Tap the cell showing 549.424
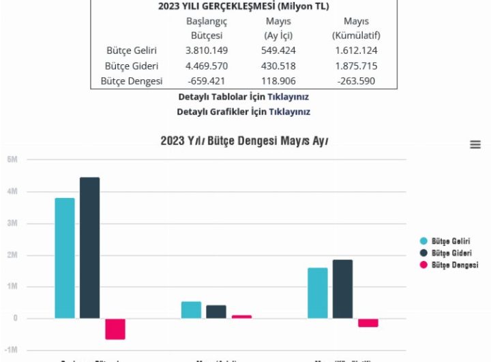coord(278,51)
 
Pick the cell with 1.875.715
coord(356,66)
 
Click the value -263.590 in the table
coord(356,81)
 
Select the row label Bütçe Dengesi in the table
coord(132,81)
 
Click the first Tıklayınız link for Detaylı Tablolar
coord(288,97)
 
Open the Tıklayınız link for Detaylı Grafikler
coord(289,111)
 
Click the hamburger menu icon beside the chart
coord(475,145)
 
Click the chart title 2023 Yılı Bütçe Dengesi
coord(244,141)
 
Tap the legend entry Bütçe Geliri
coord(450,241)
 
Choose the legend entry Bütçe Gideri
coord(450,253)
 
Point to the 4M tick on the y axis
coord(12,192)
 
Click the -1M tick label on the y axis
coord(12,350)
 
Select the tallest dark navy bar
coord(89,248)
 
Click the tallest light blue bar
coord(65,258)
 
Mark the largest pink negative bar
coord(115,329)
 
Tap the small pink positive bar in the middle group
coord(241,316)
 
